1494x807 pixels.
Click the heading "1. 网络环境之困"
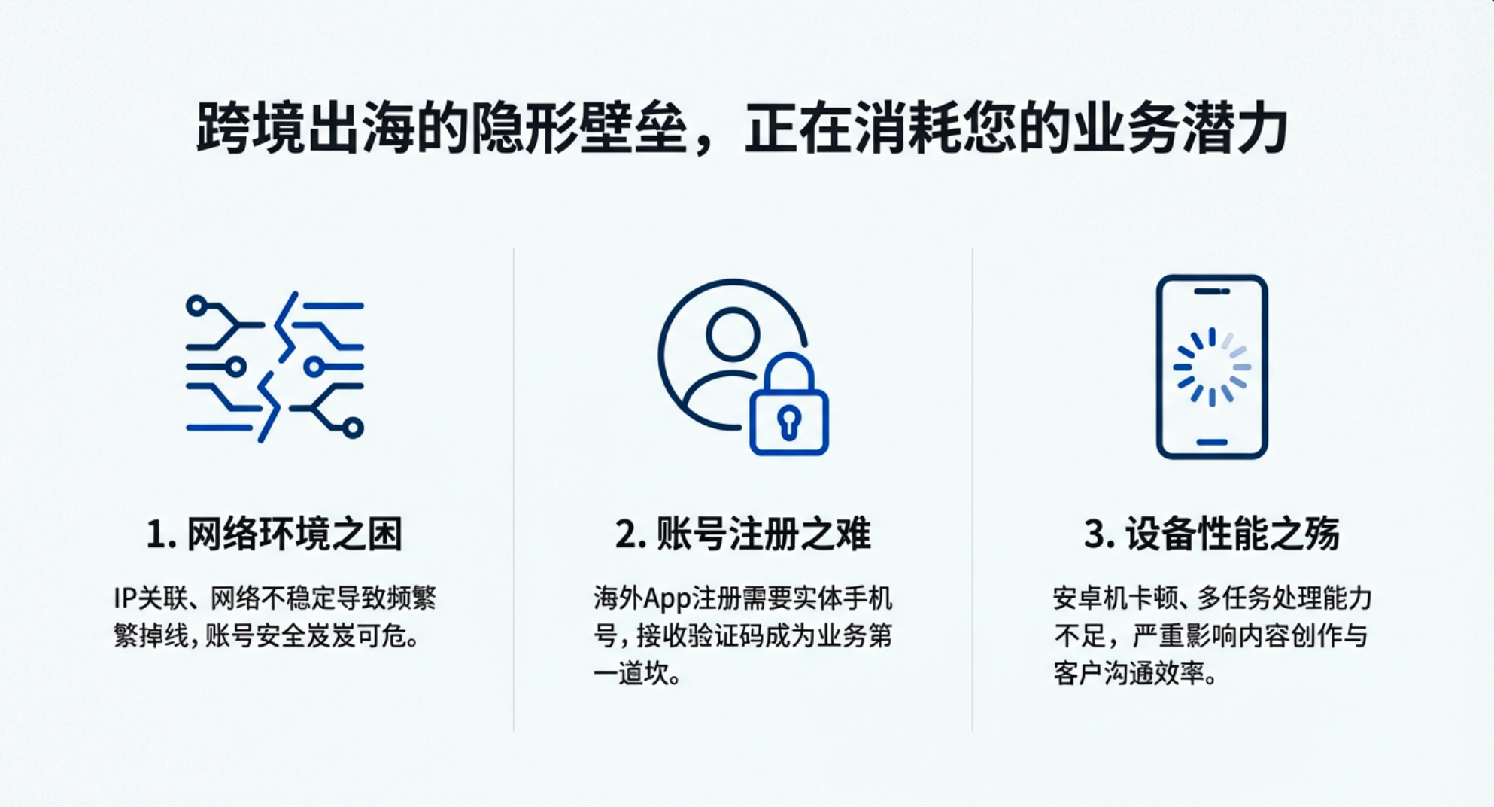coord(275,534)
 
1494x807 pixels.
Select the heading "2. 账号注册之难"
coord(742,534)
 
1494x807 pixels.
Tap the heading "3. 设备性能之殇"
coord(1211,534)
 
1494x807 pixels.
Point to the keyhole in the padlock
coord(789,422)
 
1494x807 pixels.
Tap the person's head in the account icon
coord(733,333)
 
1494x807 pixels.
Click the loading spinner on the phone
coord(1212,367)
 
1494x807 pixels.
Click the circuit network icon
coord(275,367)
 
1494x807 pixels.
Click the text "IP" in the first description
coord(124,598)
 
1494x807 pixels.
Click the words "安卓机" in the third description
coord(1089,598)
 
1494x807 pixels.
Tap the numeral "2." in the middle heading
coord(631,534)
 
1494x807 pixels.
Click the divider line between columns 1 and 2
coord(514,489)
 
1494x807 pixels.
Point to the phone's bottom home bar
coord(1212,443)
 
